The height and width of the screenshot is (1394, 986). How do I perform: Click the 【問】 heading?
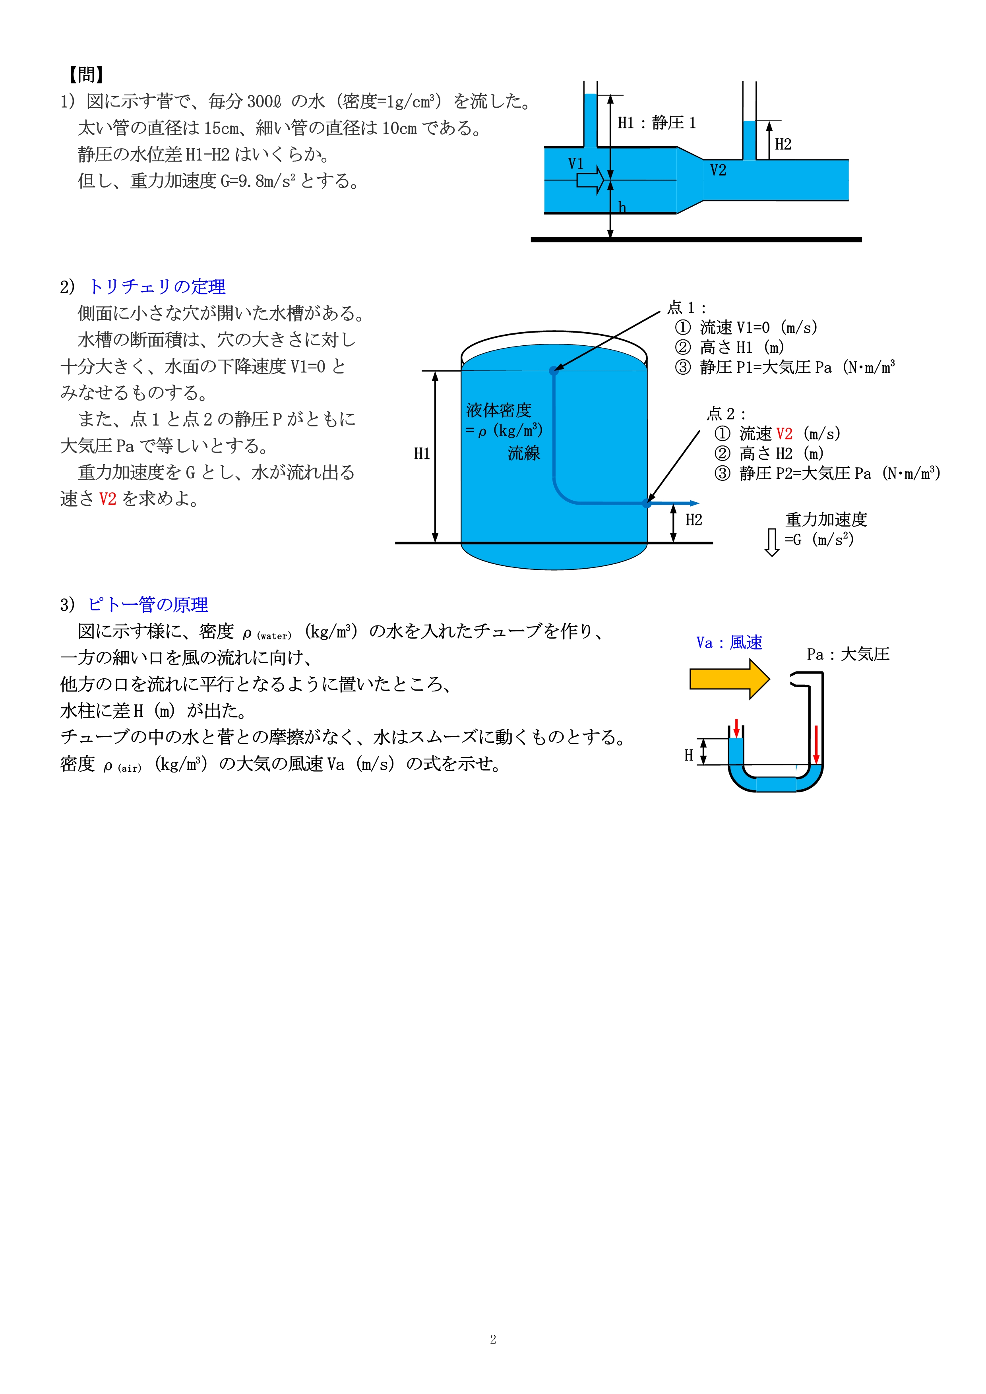[x=85, y=75]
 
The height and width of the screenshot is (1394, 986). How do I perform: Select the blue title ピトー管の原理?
[x=148, y=605]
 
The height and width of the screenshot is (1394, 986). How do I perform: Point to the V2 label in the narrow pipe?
[x=718, y=170]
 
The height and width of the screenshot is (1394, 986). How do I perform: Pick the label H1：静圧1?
[x=656, y=123]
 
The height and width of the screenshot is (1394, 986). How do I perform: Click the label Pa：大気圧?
[x=848, y=654]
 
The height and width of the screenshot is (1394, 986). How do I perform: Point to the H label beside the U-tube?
[x=688, y=755]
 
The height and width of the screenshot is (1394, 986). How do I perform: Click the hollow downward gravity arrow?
[x=772, y=542]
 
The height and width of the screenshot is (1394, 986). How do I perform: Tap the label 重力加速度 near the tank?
[x=826, y=520]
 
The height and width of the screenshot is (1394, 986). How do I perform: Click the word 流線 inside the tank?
[x=523, y=453]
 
